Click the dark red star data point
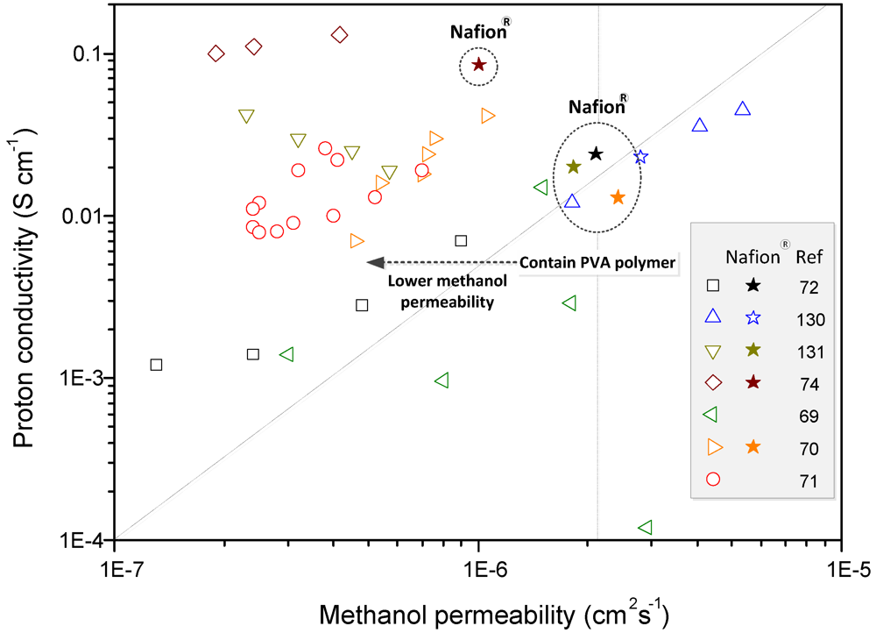pos(479,65)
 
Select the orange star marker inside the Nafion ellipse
pos(618,197)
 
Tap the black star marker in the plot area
pos(596,153)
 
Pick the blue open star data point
pos(640,157)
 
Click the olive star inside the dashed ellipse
pos(574,167)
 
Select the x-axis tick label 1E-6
pos(478,565)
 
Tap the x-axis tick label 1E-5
pos(842,565)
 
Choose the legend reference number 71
pos(808,480)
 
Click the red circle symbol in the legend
pos(713,480)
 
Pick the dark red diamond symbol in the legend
pos(713,383)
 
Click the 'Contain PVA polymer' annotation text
pos(598,262)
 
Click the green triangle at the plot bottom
pos(645,527)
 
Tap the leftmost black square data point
pos(156,364)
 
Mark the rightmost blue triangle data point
pos(742,109)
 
